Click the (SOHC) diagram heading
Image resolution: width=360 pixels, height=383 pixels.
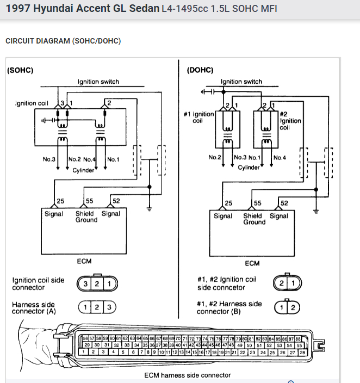click(x=21, y=71)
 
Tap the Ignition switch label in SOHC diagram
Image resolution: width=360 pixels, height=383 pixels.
click(x=98, y=82)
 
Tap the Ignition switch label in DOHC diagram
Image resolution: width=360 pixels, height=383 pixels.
click(x=241, y=82)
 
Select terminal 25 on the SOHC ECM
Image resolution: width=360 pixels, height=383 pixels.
click(x=60, y=201)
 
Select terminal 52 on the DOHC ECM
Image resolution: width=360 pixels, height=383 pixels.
click(x=285, y=203)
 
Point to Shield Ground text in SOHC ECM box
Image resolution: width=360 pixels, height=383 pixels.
click(x=86, y=217)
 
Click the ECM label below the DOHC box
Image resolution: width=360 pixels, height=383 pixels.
click(x=252, y=264)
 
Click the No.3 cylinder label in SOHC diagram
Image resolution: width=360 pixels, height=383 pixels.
click(x=49, y=159)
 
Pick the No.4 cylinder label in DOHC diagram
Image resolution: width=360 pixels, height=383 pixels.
click(x=280, y=157)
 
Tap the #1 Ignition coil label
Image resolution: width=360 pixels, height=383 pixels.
click(x=199, y=118)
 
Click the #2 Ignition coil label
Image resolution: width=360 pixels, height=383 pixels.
click(x=290, y=121)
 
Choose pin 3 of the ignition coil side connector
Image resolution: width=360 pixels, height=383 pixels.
click(x=85, y=283)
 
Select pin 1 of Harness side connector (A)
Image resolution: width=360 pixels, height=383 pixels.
click(x=85, y=307)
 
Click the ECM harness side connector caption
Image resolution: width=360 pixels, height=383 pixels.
click(x=187, y=375)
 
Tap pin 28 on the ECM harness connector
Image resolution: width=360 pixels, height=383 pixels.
click(x=302, y=353)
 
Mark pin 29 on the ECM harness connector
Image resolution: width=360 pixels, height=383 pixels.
click(x=86, y=345)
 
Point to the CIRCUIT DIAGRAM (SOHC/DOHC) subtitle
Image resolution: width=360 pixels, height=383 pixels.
click(x=63, y=41)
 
